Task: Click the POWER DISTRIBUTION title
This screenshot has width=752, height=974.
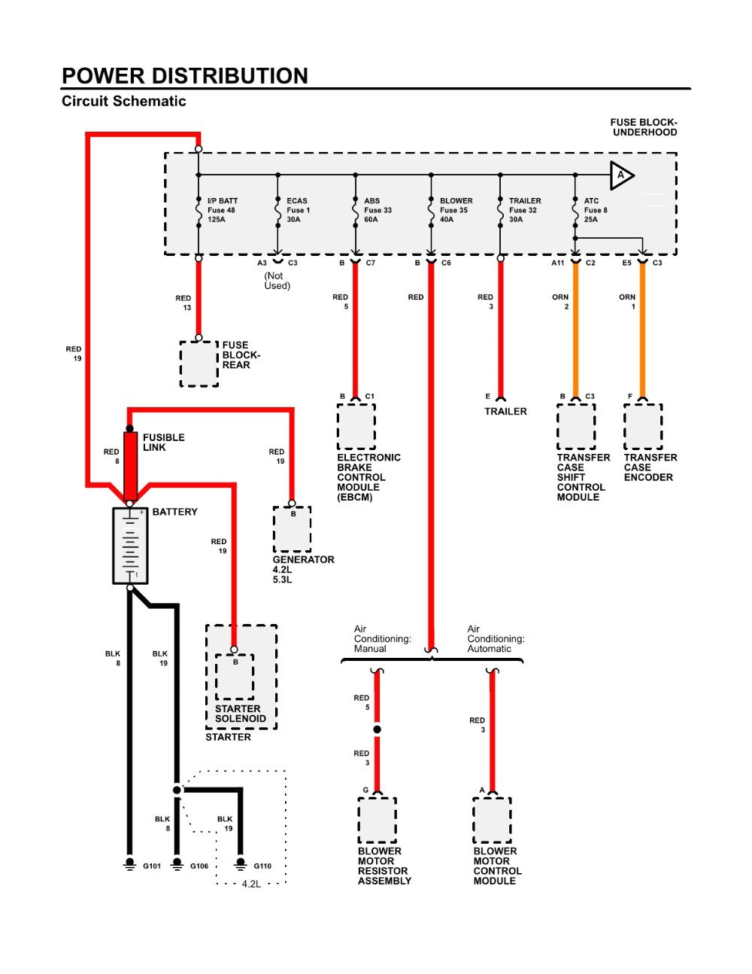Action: (184, 76)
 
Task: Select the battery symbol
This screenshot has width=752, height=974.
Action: (130, 546)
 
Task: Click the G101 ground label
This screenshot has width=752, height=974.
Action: (152, 866)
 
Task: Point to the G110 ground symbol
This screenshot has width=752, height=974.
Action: (241, 863)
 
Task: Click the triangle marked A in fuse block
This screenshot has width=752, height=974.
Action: (621, 175)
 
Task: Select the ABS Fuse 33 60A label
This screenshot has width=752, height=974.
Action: (378, 211)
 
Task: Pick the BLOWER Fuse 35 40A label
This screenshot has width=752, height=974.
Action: (456, 211)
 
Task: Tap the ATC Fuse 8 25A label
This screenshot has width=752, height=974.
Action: (595, 211)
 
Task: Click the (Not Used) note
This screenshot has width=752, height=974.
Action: (277, 281)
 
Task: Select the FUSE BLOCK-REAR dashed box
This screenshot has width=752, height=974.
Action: (199, 364)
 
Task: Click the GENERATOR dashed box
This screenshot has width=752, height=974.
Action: (292, 529)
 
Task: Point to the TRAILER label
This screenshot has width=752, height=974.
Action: (505, 412)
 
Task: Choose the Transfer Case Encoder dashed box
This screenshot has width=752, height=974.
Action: (643, 426)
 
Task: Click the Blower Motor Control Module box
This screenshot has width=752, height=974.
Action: (492, 820)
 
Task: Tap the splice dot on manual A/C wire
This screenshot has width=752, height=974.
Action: (377, 729)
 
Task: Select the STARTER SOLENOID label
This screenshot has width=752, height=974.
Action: (240, 714)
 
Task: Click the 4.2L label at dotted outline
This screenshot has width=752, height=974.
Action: (251, 884)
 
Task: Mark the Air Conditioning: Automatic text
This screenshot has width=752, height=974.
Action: (496, 638)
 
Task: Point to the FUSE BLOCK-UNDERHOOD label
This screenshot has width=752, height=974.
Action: (644, 127)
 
